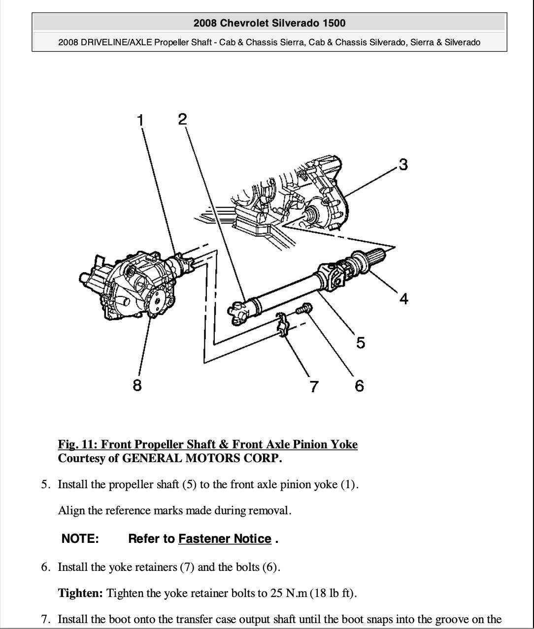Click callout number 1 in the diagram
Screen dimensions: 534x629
[140, 120]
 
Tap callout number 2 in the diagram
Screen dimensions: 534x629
[182, 119]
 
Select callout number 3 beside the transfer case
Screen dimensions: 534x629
[403, 164]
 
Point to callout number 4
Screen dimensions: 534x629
[403, 299]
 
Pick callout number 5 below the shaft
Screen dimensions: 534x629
[361, 343]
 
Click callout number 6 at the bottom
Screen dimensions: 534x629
[360, 386]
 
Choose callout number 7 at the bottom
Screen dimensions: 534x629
[314, 386]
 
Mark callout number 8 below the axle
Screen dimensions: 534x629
[137, 385]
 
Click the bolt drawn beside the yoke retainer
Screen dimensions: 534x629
[304, 309]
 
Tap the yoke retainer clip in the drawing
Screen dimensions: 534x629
[282, 325]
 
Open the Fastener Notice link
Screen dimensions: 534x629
[225, 538]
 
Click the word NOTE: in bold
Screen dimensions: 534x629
[80, 538]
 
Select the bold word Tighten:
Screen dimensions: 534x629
[80, 593]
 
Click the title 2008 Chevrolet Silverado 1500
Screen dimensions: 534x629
[269, 23]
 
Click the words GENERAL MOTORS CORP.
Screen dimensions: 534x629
[202, 458]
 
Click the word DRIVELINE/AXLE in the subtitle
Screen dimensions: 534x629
[116, 42]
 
